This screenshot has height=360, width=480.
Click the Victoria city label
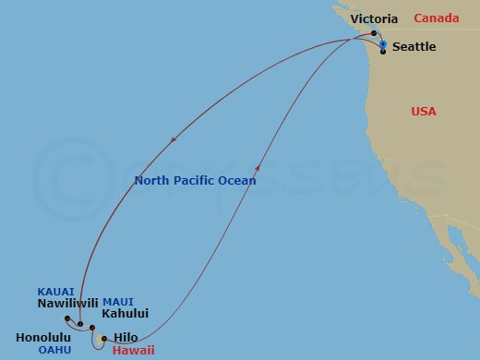coord(375,18)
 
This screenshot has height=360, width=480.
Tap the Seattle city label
coord(414,46)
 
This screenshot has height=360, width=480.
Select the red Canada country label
coord(438,18)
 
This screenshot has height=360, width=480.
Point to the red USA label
coord(424,112)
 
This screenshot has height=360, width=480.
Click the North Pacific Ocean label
coord(195,181)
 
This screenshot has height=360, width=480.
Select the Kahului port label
coord(126,314)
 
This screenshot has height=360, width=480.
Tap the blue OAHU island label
coord(55,350)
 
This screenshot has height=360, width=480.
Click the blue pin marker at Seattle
coord(383,44)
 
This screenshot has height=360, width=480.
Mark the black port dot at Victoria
coord(374,33)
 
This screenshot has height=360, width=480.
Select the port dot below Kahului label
coord(92,328)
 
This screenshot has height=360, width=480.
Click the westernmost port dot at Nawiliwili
coord(67,318)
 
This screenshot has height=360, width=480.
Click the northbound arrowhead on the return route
coord(258,165)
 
